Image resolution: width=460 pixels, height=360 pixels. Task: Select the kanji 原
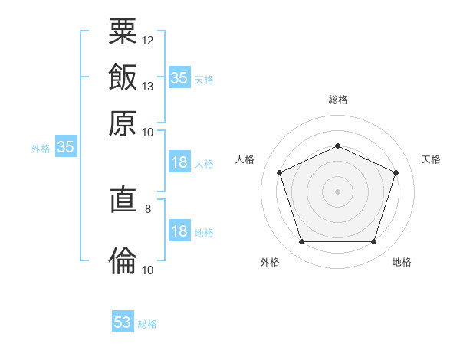[x=123, y=123]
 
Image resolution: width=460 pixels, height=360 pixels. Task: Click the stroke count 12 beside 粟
[x=148, y=40]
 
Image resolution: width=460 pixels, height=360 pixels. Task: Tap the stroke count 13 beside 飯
[x=148, y=86]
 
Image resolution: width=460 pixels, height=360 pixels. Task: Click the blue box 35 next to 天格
[x=179, y=77]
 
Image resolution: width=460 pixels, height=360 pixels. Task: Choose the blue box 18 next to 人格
[x=179, y=162]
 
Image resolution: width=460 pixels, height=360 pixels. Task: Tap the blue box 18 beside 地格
[x=179, y=231]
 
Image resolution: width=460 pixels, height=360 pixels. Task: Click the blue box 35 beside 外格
[x=65, y=147]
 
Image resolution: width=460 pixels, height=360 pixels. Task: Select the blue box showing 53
[x=123, y=322]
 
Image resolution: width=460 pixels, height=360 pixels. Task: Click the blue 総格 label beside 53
[x=147, y=324]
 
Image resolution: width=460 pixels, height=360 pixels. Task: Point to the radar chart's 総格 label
[x=337, y=100]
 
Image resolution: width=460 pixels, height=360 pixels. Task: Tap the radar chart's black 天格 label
[x=431, y=159]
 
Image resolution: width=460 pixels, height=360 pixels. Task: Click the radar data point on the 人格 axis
[x=279, y=172]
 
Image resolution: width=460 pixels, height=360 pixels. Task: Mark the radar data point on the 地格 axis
[x=373, y=241]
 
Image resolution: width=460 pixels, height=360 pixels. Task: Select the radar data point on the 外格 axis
[x=301, y=241]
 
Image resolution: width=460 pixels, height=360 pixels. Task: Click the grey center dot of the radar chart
[x=337, y=191]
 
